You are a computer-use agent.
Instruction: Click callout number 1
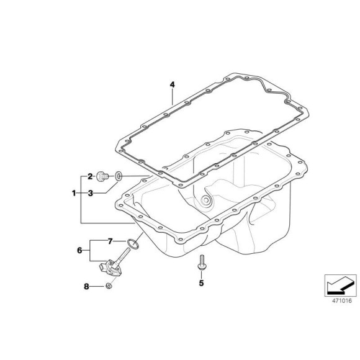pos(74,193)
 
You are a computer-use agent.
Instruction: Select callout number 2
pos(90,176)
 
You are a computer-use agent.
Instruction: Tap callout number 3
pos(90,193)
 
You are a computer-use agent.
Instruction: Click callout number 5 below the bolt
pos(201,282)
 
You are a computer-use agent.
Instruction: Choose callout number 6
pos(79,250)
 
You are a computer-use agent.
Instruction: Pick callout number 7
pos(109,241)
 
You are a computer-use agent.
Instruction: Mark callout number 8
pos(86,286)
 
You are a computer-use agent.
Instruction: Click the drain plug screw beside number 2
pos(106,177)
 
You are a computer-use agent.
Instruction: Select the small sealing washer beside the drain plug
pos(120,178)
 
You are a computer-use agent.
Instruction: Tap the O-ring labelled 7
pos(132,241)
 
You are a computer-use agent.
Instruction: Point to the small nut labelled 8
pos(108,286)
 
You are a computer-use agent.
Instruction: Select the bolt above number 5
pos(201,263)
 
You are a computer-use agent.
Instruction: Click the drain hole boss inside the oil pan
pos(206,200)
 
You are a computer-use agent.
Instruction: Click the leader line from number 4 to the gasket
pos(173,99)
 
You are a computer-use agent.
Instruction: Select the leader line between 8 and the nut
pos(97,286)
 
